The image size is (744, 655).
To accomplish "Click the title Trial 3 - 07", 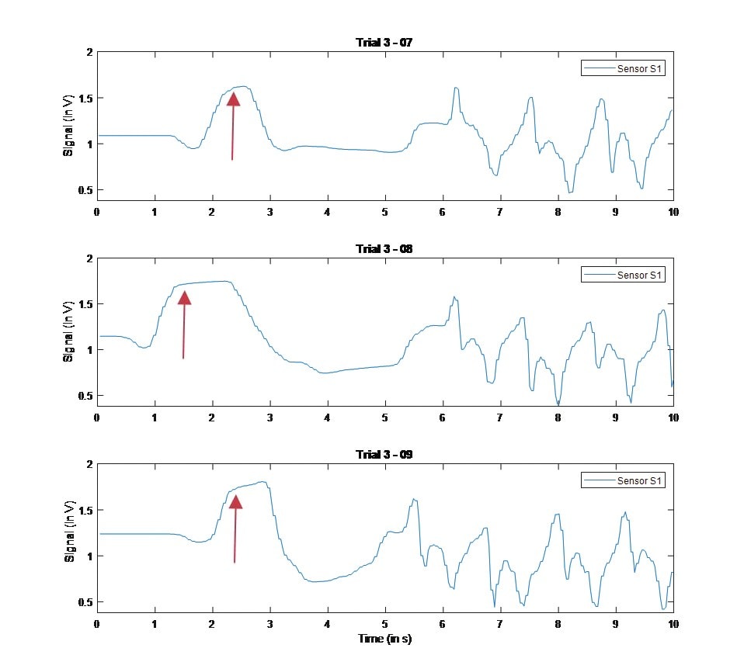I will point(384,42).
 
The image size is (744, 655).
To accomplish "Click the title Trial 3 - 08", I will point(384,248).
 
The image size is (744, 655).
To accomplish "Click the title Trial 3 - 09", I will point(384,454).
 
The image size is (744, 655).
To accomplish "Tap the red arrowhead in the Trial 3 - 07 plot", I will point(233,99).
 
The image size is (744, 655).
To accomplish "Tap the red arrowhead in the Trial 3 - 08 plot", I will point(184,297).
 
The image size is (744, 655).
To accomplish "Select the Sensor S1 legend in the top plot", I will point(623,69).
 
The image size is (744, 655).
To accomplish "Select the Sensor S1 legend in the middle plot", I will point(623,275).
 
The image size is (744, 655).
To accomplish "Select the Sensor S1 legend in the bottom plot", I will point(623,481).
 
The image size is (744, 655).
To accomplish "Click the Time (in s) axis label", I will point(384,638).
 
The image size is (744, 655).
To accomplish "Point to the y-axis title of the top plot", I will point(68,126).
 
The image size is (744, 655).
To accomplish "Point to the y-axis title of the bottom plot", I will point(68,537).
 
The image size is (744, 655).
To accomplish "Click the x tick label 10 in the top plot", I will point(673,212).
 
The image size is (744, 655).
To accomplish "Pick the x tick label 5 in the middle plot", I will point(384,418).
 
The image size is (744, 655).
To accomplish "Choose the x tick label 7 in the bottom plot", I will point(500,623).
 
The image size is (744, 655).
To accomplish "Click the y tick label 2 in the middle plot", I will point(89,258).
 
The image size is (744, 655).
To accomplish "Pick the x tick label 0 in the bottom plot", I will point(97,623).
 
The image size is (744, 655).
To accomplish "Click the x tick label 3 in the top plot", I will point(269,212).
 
